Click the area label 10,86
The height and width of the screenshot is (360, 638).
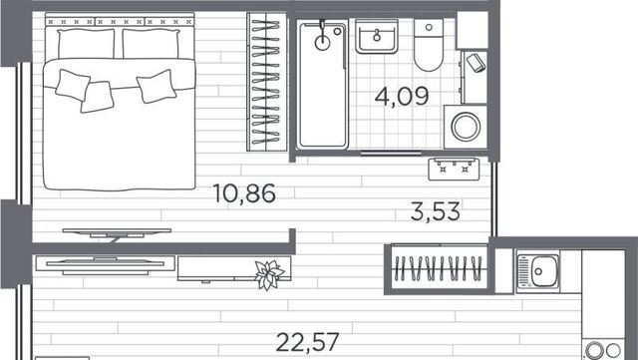(244, 193)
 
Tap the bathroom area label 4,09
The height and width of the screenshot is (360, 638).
(402, 97)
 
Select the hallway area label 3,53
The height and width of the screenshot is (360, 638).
(436, 211)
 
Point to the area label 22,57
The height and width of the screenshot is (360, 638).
(307, 342)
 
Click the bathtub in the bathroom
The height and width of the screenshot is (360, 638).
(322, 85)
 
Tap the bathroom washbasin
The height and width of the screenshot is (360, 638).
(377, 37)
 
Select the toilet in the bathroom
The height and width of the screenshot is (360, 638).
(429, 45)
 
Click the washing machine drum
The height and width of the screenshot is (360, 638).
(466, 127)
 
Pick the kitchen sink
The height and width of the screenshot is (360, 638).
(538, 271)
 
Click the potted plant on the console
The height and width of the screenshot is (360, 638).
(269, 274)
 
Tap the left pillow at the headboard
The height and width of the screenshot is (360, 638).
(86, 44)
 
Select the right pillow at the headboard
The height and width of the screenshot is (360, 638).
(151, 44)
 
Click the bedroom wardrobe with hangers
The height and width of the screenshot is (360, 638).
(266, 82)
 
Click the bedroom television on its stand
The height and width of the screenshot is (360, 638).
(117, 233)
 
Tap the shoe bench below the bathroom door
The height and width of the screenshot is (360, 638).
(454, 170)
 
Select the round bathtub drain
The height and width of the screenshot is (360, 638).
(322, 43)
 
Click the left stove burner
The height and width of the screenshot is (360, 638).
(594, 350)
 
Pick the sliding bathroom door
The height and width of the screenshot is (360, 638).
(391, 154)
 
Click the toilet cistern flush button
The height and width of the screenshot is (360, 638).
(429, 27)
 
